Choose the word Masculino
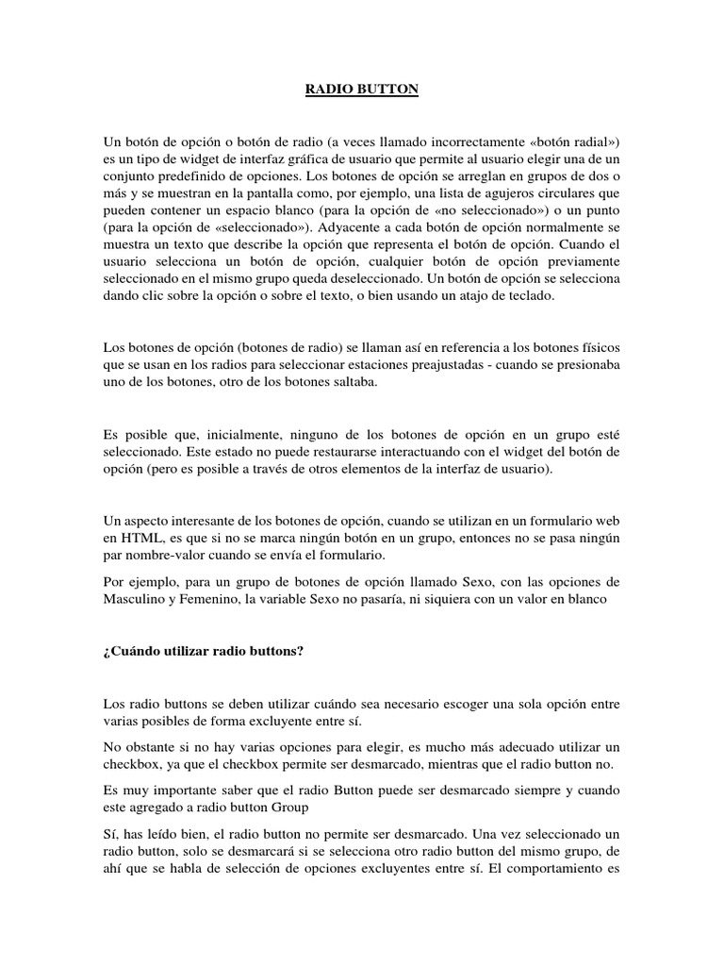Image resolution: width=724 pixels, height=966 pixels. click(136, 599)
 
